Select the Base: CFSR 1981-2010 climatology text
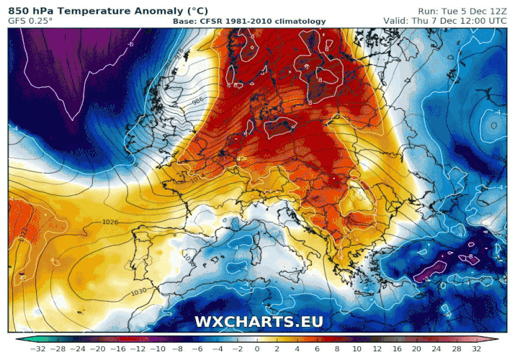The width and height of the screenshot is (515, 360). pos(249,22)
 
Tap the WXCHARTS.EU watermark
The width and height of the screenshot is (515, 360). pos(259,322)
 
